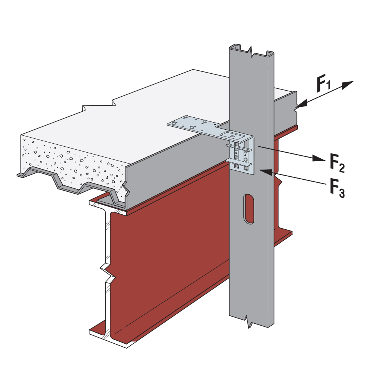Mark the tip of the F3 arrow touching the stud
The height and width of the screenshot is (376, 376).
pos(259,170)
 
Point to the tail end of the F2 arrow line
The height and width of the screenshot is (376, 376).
pos(258,146)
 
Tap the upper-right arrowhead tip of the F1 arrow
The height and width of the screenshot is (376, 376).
pos(353,81)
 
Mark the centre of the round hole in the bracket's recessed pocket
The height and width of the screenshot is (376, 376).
pos(232,136)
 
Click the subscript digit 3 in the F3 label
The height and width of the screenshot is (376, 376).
pos(342,193)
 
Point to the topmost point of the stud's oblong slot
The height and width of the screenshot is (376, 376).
pos(249,194)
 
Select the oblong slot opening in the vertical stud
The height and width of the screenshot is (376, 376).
pos(249,209)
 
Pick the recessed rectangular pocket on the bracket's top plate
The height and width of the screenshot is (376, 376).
pos(232,135)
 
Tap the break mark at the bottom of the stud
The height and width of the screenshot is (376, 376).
pos(249,321)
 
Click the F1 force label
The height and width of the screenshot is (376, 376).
pos(324,83)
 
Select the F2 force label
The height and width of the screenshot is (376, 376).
pos(337,163)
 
